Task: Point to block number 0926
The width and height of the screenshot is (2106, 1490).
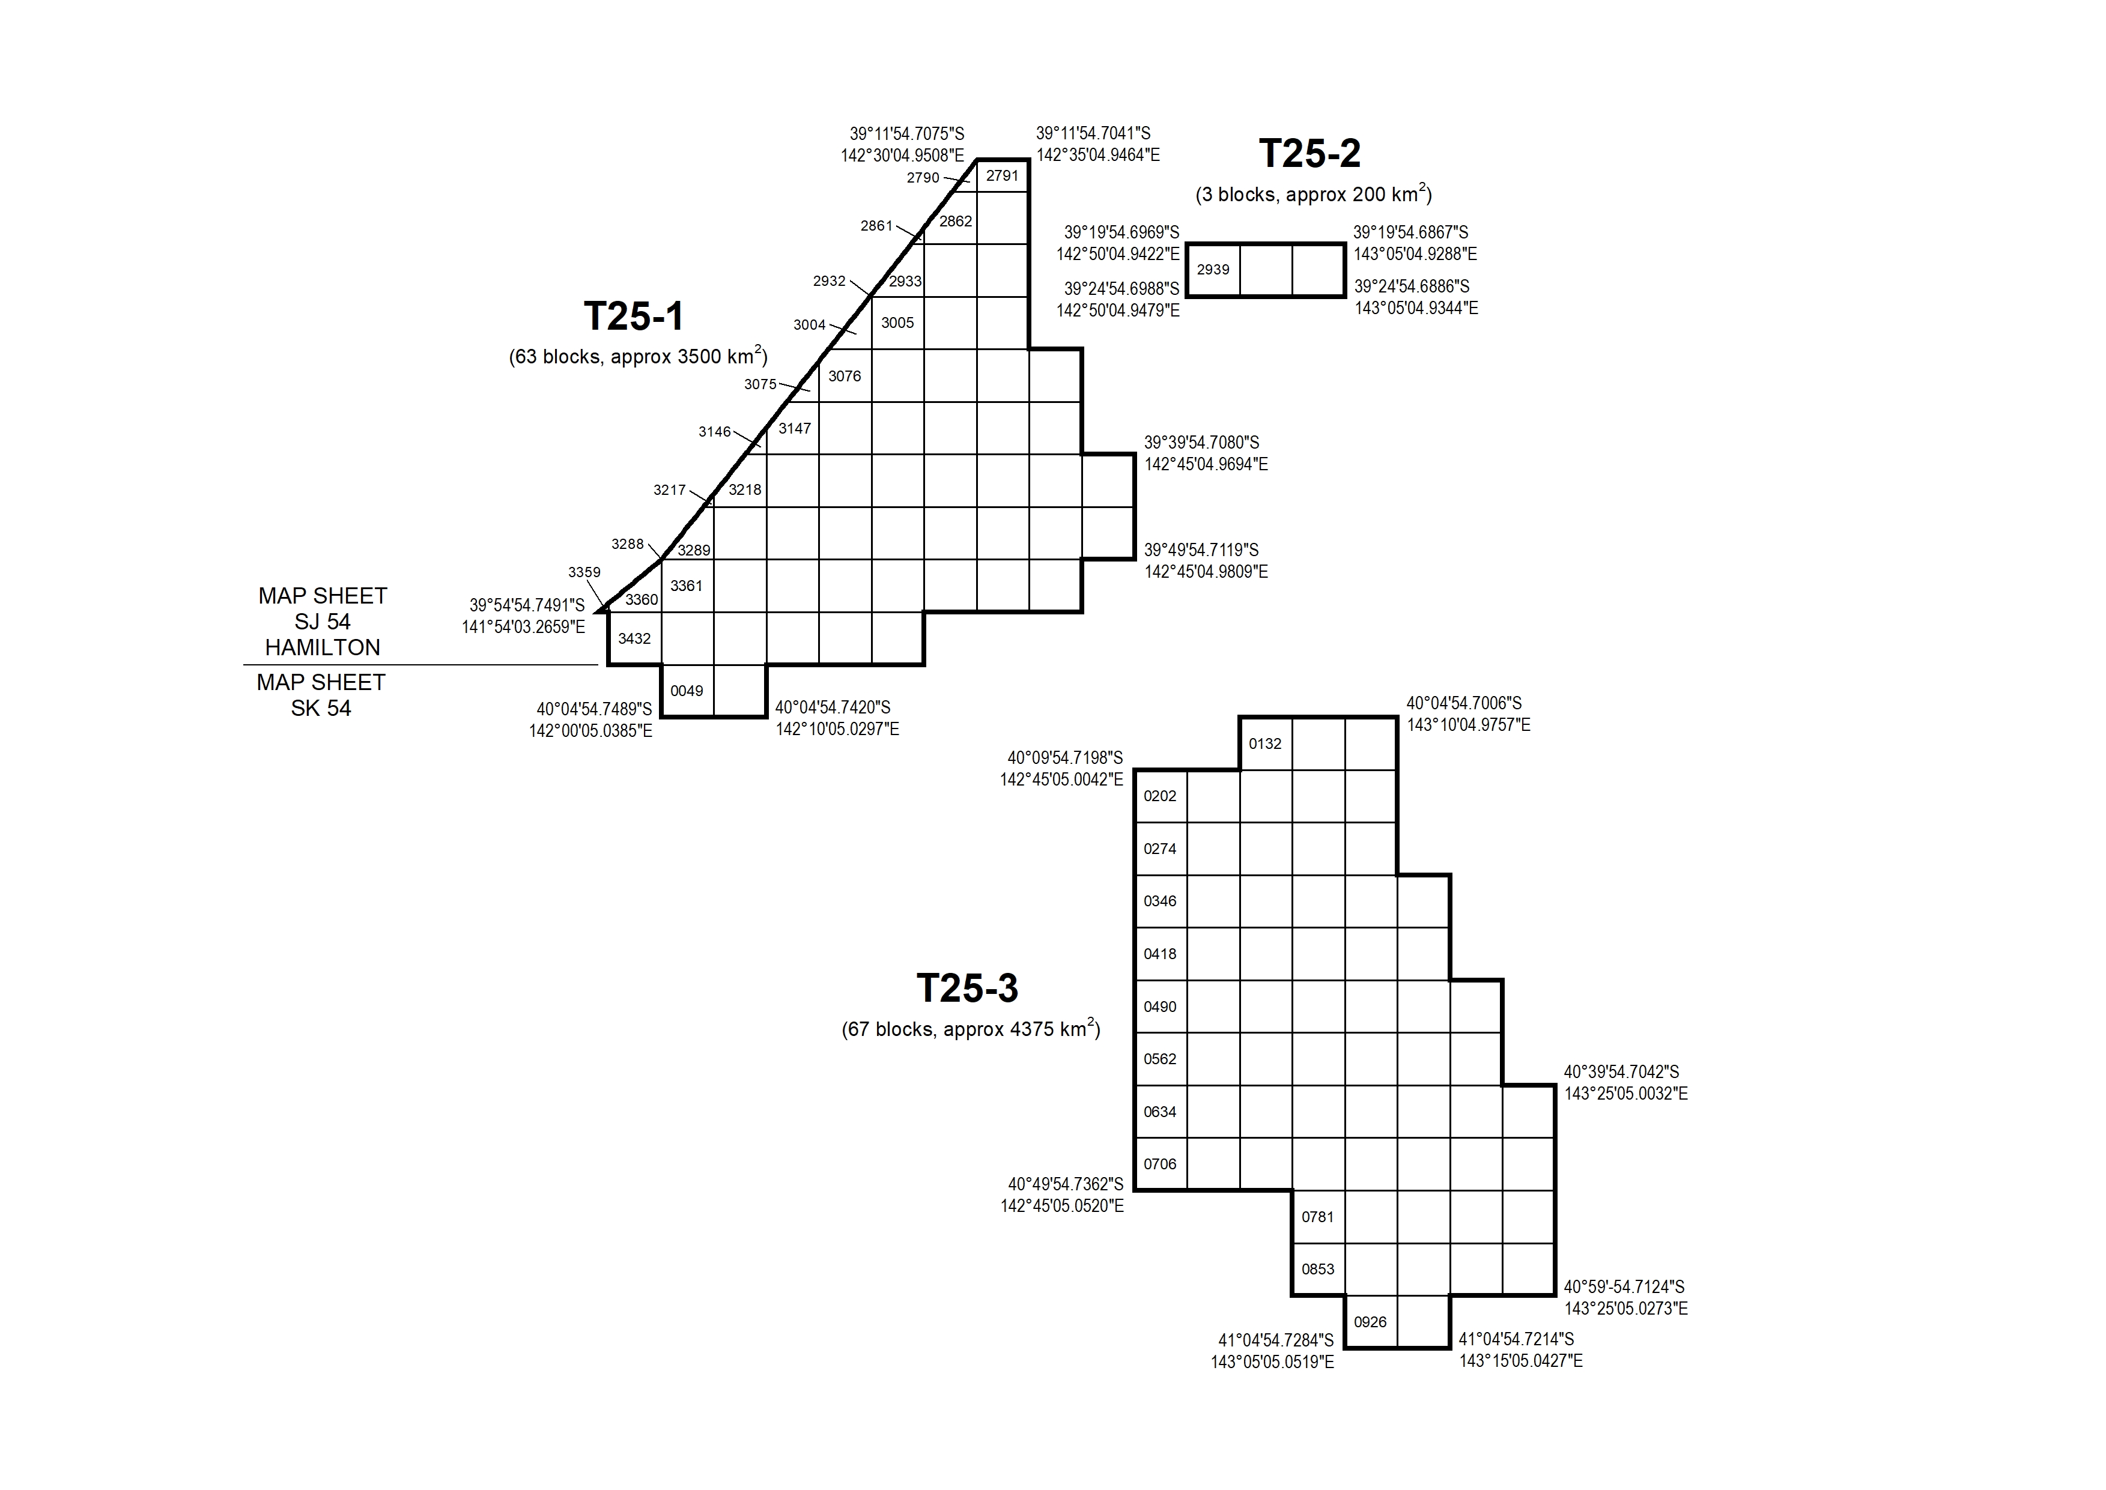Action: point(1370,1322)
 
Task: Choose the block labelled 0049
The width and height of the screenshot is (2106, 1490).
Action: point(687,691)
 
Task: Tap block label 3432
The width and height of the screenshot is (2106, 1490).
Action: point(634,638)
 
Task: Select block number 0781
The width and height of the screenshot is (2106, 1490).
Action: point(1318,1217)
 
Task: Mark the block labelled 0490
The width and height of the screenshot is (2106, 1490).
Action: point(1160,1007)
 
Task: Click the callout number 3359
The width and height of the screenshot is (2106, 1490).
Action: point(584,572)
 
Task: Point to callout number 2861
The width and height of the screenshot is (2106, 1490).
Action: point(876,226)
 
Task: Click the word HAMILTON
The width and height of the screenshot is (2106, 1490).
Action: point(322,648)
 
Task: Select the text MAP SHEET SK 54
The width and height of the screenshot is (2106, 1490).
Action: point(321,695)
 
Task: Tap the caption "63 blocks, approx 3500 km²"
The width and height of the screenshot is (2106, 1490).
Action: point(638,356)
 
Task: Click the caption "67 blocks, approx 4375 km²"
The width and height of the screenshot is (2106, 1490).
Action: point(971,1029)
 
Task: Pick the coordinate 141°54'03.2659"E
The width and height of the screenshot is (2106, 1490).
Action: point(523,628)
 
